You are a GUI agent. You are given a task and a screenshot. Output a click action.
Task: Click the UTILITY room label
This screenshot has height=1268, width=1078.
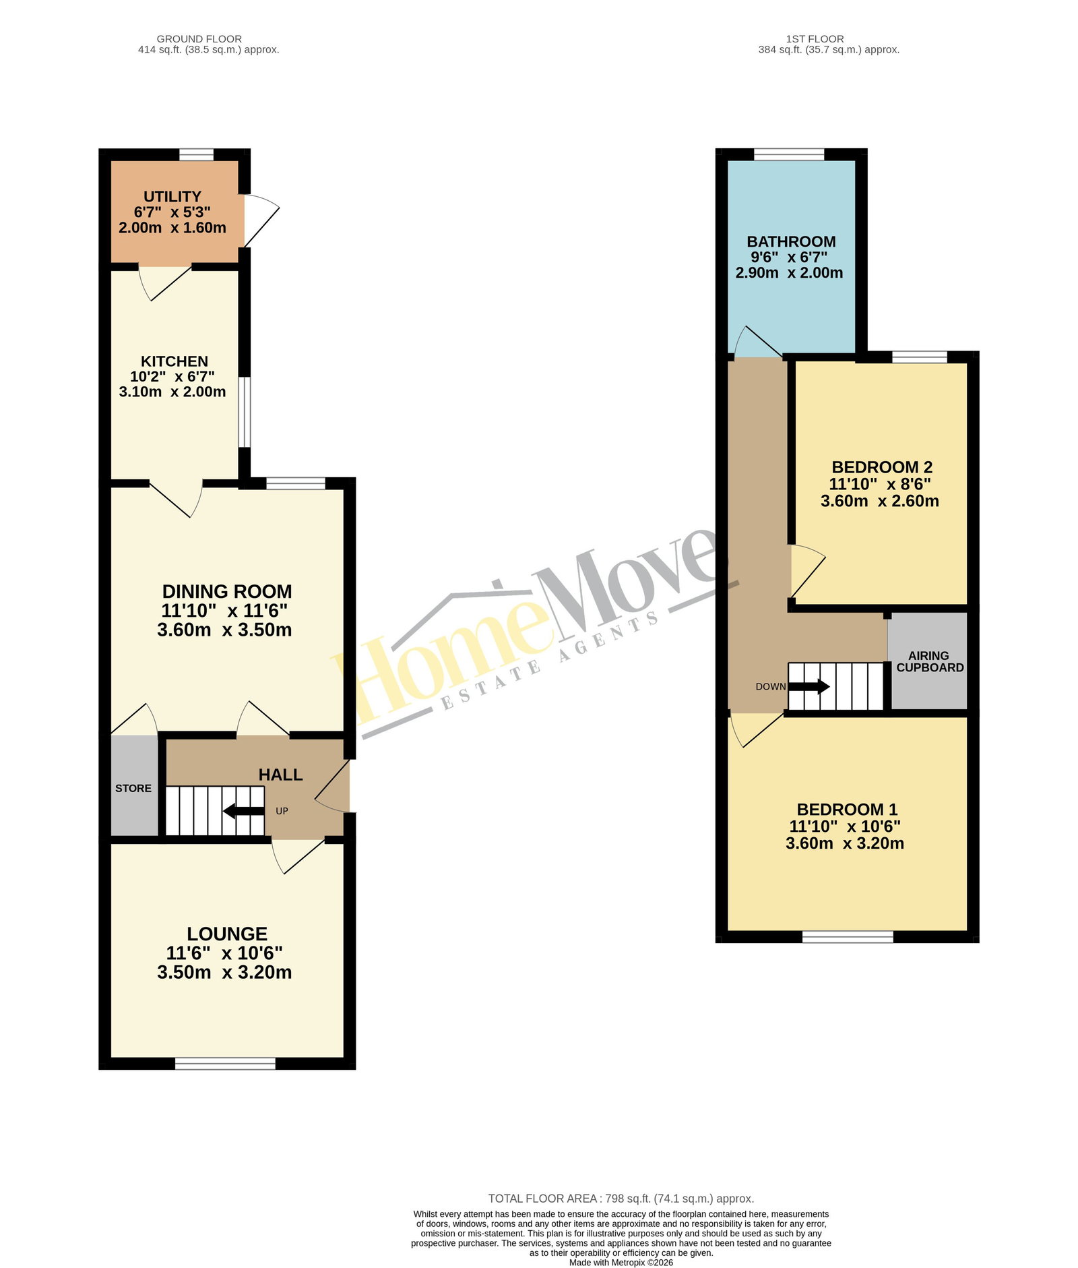(x=172, y=197)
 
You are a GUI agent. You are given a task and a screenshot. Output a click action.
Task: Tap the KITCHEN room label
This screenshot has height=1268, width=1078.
(x=175, y=361)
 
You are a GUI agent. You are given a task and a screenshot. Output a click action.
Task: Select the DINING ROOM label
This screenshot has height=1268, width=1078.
(x=227, y=592)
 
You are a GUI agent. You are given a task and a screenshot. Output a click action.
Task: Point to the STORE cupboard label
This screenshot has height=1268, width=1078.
(x=133, y=788)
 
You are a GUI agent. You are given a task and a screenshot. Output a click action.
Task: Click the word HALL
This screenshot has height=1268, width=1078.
(x=281, y=775)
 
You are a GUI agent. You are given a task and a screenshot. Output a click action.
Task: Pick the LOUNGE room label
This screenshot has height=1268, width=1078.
(x=227, y=934)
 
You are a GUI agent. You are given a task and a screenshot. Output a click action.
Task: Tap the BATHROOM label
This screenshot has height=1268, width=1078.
(x=791, y=241)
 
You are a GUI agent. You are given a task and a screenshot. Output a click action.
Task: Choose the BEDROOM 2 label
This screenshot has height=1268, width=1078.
(x=882, y=467)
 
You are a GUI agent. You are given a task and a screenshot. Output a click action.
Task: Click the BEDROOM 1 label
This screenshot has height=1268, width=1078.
(x=847, y=810)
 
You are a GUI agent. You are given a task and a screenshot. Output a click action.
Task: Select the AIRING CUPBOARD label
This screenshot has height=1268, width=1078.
(x=930, y=661)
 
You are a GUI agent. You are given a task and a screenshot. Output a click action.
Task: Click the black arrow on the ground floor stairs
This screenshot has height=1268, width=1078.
(x=243, y=811)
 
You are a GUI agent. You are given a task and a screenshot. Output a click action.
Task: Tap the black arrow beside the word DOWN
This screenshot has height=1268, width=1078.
(x=809, y=687)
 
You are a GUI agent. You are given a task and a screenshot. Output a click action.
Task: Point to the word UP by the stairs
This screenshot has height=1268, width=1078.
(x=282, y=811)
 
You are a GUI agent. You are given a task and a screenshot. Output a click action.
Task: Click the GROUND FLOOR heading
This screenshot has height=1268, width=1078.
(x=199, y=39)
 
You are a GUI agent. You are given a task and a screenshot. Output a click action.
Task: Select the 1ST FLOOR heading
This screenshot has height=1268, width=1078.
(x=815, y=39)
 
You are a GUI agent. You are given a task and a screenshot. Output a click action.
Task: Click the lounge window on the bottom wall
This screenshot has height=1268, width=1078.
(x=226, y=1064)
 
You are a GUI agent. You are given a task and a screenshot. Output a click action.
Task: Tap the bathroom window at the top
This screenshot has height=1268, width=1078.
(x=789, y=154)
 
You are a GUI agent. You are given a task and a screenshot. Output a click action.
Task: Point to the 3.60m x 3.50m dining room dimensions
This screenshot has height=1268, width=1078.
(x=224, y=630)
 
